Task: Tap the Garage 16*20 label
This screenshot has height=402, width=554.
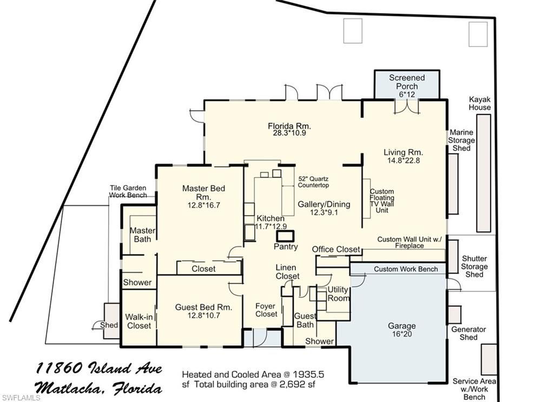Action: (x=401, y=330)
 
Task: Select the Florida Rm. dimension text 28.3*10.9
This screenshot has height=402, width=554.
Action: (x=289, y=133)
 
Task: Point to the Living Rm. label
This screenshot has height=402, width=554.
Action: (x=403, y=152)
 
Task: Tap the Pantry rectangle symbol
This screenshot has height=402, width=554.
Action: (x=285, y=236)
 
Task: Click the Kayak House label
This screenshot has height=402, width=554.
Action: (x=480, y=103)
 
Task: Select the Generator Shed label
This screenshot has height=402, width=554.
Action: (x=469, y=333)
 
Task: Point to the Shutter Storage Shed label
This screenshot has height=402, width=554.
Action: (x=474, y=266)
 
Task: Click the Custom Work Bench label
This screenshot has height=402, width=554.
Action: (x=399, y=269)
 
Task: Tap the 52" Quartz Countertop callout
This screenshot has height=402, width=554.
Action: (x=313, y=182)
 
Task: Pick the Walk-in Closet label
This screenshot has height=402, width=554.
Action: (x=138, y=321)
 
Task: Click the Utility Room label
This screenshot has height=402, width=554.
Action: (x=339, y=294)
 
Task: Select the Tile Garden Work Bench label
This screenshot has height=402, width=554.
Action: (x=128, y=191)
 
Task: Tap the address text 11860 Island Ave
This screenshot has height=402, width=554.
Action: (x=99, y=368)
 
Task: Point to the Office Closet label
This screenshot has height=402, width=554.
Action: (x=336, y=249)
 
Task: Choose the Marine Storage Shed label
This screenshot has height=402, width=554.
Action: (x=461, y=140)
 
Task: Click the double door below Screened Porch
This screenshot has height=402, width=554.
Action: (x=406, y=106)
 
